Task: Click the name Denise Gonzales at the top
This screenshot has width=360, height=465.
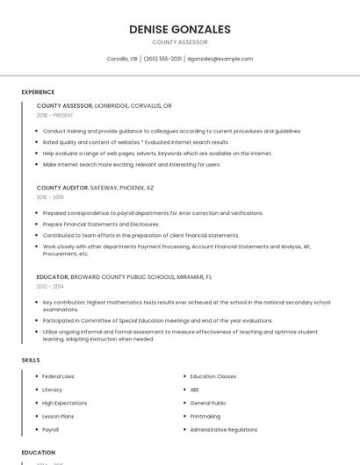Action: pyautogui.click(x=180, y=30)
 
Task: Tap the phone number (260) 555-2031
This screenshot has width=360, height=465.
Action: pyautogui.click(x=162, y=59)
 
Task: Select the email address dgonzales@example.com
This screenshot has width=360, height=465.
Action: pyautogui.click(x=220, y=59)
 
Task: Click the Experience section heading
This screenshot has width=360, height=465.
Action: pyautogui.click(x=38, y=92)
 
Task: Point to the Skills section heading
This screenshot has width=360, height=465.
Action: pyautogui.click(x=31, y=360)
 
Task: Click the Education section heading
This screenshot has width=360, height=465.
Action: pyautogui.click(x=38, y=453)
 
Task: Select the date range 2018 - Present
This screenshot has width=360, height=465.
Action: pyautogui.click(x=54, y=115)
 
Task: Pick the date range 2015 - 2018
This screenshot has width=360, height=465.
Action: pyautogui.click(x=50, y=197)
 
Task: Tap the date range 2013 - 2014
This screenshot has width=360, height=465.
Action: pyautogui.click(x=50, y=286)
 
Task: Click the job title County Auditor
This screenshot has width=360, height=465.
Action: pyautogui.click(x=62, y=188)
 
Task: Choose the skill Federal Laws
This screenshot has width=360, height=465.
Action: pyautogui.click(x=58, y=376)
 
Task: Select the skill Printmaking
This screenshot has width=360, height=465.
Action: pyautogui.click(x=205, y=417)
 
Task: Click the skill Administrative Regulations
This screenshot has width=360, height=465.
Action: pyautogui.click(x=224, y=430)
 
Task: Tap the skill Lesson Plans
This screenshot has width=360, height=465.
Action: pyautogui.click(x=58, y=417)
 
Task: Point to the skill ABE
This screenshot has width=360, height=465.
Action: pyautogui.click(x=195, y=390)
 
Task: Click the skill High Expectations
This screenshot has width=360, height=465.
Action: pyautogui.click(x=64, y=403)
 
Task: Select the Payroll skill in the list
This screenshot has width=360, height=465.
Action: pyautogui.click(x=51, y=430)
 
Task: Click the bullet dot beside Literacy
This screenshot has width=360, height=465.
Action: pyautogui.click(x=35, y=390)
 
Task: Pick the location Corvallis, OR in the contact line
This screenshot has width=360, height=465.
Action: pyautogui.click(x=122, y=59)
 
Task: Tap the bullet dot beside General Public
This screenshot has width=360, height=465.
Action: pyautogui.click(x=184, y=403)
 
